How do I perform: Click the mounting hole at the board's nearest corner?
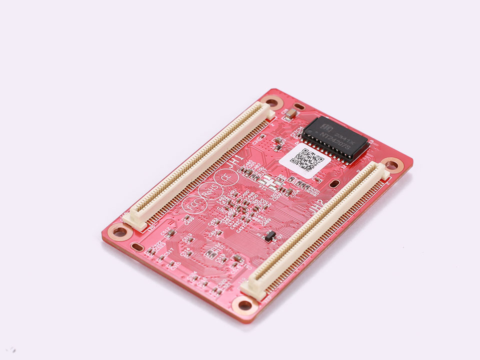(x=245, y=304)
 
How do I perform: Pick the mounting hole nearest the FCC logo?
(x=119, y=231)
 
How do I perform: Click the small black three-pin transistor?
(x=269, y=235)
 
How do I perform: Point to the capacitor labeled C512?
(x=170, y=233)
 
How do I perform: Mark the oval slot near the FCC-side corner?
(x=137, y=246)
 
